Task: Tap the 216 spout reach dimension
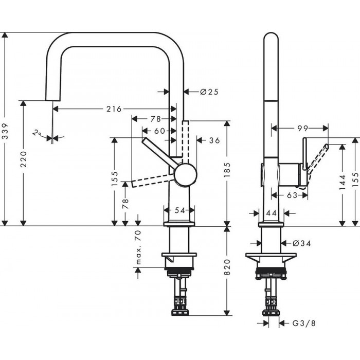click(113, 109)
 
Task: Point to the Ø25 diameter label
click(209, 92)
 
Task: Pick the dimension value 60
click(159, 131)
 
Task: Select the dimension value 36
click(215, 140)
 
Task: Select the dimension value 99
click(302, 128)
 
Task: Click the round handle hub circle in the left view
click(185, 174)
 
